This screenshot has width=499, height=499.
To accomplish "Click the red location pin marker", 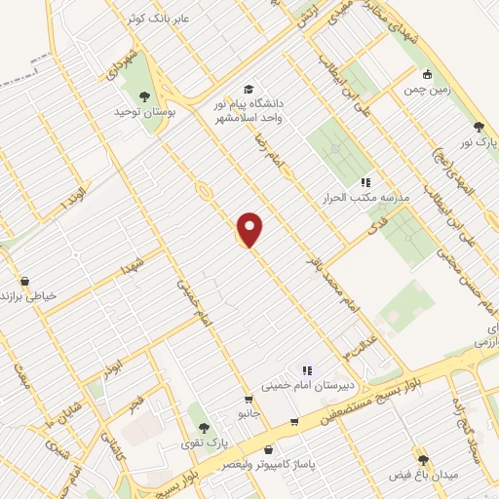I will (x=250, y=228).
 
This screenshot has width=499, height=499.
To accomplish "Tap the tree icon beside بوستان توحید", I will (x=145, y=96).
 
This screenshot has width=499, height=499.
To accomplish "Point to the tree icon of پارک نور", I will (x=478, y=127).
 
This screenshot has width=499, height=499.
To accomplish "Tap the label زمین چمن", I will (x=426, y=90).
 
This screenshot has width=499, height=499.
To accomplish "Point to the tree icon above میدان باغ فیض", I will (x=422, y=459).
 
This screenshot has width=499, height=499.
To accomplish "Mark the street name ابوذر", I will (x=115, y=370).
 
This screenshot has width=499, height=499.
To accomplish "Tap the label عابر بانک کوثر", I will (x=162, y=19).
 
